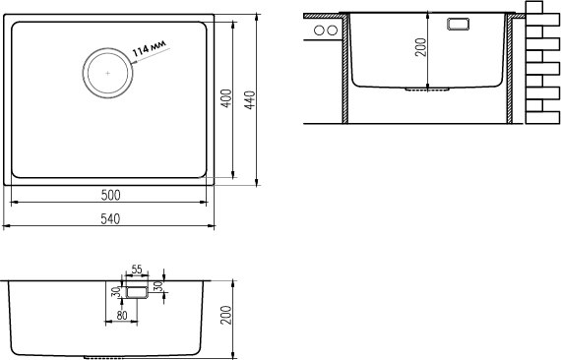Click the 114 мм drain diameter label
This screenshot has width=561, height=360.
coord(150,48)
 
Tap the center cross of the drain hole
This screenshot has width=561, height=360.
coord(107,74)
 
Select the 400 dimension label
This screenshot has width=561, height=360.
coord(226,98)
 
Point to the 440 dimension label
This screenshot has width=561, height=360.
coord(250,100)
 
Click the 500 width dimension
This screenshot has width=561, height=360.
coord(110,195)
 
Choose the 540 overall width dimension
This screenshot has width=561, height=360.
coord(110,218)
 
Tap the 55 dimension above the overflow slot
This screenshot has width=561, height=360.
coord(137,270)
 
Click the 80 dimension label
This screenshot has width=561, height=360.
coord(122,316)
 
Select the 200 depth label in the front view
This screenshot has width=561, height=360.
coord(225,315)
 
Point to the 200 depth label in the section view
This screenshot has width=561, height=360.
coord(421,47)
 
